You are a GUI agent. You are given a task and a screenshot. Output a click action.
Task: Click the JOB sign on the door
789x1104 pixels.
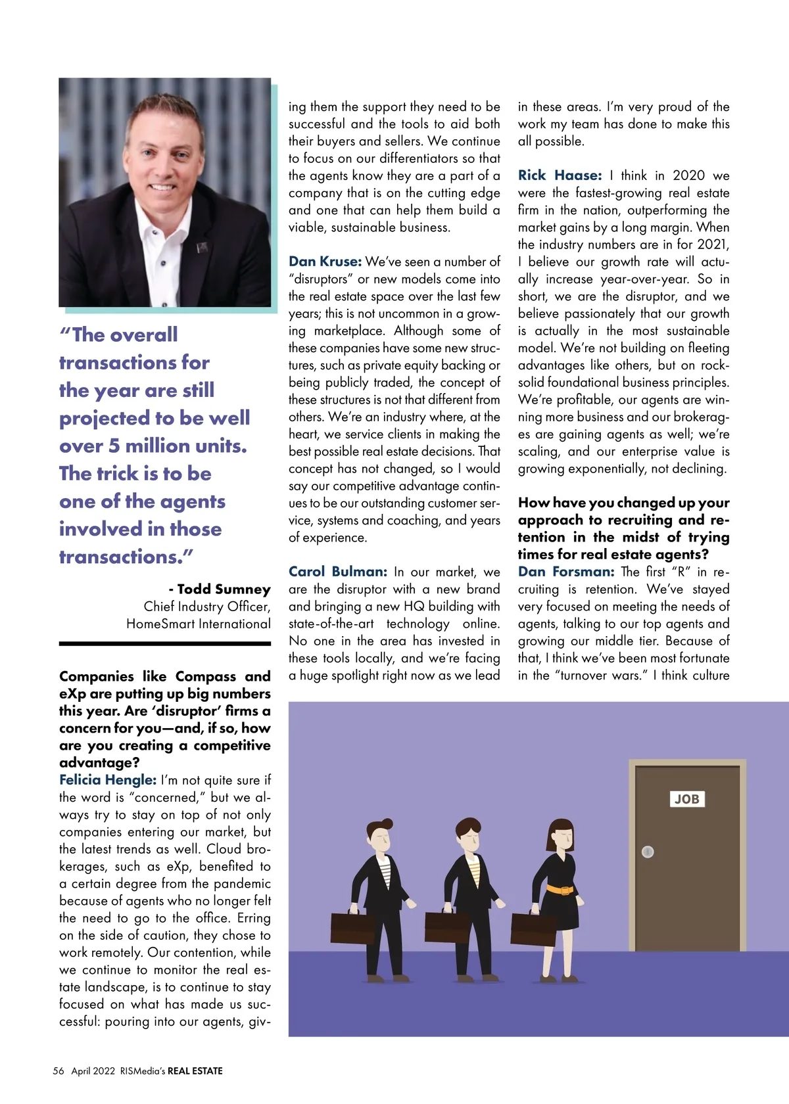pyautogui.click(x=686, y=799)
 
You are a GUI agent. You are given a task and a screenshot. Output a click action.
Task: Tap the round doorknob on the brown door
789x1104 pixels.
pyautogui.click(x=648, y=852)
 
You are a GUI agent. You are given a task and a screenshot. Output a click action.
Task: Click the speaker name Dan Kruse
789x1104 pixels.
pyautogui.click(x=325, y=262)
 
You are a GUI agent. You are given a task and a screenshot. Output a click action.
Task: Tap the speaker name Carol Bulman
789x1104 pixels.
pyautogui.click(x=337, y=572)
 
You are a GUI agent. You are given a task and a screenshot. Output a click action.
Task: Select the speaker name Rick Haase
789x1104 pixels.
pyautogui.click(x=560, y=175)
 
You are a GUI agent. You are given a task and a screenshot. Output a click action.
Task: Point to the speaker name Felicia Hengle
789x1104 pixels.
pyautogui.click(x=108, y=780)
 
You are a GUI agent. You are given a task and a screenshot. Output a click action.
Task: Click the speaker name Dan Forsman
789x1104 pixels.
pyautogui.click(x=566, y=572)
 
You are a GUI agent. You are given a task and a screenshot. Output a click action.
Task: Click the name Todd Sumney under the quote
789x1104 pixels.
pyautogui.click(x=224, y=589)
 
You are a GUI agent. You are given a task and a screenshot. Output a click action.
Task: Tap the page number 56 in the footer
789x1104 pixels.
pyautogui.click(x=59, y=1070)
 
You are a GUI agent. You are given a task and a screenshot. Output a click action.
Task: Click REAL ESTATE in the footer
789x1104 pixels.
pyautogui.click(x=195, y=1070)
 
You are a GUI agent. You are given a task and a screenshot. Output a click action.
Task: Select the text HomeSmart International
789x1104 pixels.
pyautogui.click(x=199, y=624)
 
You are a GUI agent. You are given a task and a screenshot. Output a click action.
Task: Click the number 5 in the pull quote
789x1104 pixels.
pyautogui.click(x=114, y=446)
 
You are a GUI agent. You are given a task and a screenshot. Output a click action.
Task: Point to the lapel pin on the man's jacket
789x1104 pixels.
pyautogui.click(x=203, y=248)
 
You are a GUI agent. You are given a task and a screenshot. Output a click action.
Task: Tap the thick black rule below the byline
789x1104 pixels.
pyautogui.click(x=165, y=643)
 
